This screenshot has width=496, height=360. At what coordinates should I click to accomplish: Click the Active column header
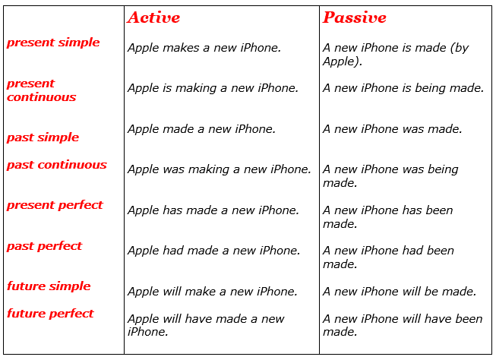153,17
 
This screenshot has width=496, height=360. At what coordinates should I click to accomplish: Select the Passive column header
354,17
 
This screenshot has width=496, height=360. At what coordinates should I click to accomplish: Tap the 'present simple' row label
53,43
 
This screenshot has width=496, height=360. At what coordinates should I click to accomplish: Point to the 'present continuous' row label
42,90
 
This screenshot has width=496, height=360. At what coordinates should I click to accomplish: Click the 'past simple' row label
43,137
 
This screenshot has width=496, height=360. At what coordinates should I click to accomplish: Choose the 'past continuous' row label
57,165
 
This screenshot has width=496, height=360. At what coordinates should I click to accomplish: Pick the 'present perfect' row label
55,205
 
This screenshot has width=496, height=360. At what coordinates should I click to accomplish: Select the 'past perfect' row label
44,246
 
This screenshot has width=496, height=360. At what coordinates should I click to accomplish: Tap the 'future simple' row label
49,286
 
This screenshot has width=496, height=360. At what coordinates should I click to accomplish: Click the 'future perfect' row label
50,314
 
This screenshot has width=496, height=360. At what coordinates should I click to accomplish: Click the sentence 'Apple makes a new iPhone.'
204,48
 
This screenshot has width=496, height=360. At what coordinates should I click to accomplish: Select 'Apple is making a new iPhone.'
213,88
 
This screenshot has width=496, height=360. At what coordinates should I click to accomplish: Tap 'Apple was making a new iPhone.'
219,169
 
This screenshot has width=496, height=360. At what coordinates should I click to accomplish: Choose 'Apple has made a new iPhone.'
213,210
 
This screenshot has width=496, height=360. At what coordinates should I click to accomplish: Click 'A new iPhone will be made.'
400,292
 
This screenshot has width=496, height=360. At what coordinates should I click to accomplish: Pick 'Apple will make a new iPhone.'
212,292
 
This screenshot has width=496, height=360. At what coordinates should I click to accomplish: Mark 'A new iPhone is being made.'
403,88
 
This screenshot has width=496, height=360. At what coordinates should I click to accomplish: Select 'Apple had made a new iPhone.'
213,251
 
